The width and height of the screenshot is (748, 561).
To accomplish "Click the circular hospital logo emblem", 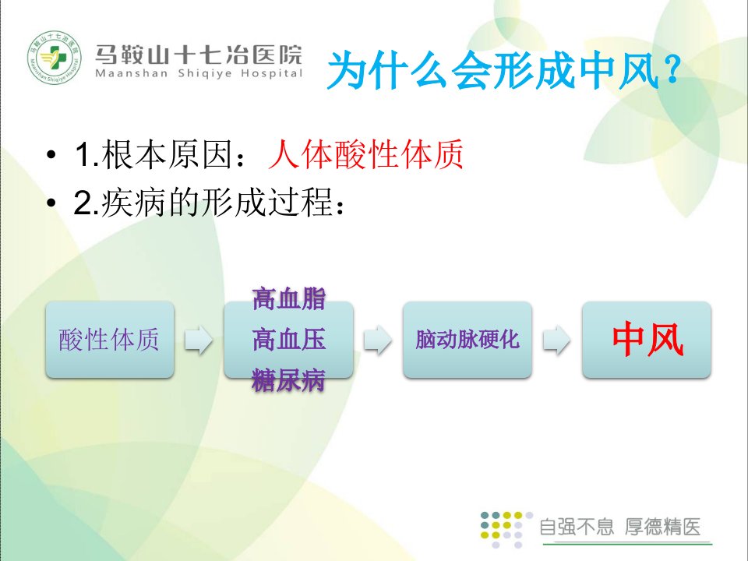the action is point(55,57).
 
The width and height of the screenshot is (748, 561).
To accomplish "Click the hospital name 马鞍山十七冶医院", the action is point(199,55).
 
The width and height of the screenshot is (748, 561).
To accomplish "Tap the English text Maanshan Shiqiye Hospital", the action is point(199,73).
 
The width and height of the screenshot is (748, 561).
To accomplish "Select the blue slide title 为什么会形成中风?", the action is point(504,71).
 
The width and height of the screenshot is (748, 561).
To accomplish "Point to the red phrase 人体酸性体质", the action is point(365,154).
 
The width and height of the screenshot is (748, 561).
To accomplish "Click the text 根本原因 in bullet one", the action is point(167,154).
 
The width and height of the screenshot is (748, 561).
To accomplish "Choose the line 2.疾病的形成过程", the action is point(209,203).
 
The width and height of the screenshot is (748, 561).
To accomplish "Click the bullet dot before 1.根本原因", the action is point(51,154).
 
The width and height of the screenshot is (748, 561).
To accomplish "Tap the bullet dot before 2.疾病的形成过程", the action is point(51,203).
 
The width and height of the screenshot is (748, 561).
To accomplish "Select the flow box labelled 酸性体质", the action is point(110,340).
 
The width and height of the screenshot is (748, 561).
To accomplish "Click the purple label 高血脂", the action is point(289,299).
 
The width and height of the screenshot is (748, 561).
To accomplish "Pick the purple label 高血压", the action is point(289,340).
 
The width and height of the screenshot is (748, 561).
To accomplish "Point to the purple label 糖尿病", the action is point(288,380).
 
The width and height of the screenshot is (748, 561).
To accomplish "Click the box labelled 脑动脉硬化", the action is point(467,340).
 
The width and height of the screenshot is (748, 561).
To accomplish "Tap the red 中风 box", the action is point(647,340).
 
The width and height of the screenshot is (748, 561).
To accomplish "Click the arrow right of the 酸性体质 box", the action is point(199,340).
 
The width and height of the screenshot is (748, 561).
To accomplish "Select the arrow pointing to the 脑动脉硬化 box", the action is point(378,340).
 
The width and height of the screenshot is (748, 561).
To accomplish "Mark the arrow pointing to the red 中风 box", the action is point(556,340).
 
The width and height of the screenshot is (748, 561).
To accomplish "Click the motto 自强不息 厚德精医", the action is point(620,527).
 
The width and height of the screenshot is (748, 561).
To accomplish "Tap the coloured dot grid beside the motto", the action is point(506,529).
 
